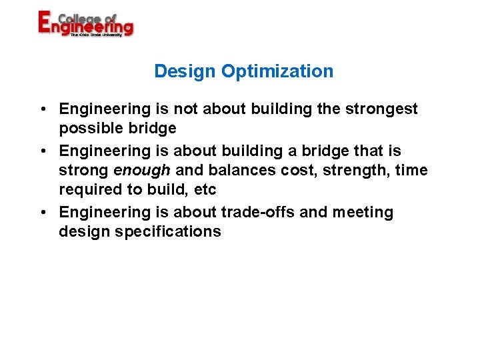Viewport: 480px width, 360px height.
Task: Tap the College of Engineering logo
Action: pos(85,24)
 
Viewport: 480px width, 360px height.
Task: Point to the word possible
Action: pos(87,128)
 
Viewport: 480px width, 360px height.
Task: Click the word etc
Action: pos(205,190)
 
